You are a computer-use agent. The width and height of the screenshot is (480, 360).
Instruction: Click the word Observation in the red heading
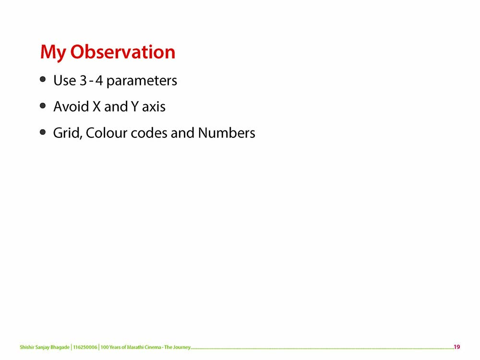(x=123, y=51)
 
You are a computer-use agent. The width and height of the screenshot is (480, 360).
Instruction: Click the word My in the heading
(x=52, y=53)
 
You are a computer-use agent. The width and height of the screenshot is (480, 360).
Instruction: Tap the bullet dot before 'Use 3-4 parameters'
(x=43, y=80)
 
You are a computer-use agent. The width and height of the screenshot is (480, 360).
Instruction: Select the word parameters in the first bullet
(x=142, y=81)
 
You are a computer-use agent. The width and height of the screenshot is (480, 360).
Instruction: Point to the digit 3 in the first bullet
(x=83, y=80)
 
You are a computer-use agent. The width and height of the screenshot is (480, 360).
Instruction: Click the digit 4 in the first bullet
(x=99, y=80)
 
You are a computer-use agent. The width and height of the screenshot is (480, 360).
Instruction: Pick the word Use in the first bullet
(x=65, y=80)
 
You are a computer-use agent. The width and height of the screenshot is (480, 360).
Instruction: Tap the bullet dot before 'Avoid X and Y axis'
(x=43, y=106)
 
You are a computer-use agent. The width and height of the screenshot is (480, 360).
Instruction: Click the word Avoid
(x=71, y=107)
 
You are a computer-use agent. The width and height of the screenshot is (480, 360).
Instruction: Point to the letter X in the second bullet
(x=97, y=107)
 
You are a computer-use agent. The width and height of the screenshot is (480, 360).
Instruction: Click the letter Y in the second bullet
(x=135, y=107)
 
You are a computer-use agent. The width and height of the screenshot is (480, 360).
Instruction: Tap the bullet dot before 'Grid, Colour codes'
(x=43, y=132)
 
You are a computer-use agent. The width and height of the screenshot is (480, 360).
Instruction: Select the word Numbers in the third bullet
(x=227, y=133)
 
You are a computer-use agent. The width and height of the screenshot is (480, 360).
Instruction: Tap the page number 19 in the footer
(x=457, y=347)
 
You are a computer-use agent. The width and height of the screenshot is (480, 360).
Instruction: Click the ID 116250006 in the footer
(x=85, y=347)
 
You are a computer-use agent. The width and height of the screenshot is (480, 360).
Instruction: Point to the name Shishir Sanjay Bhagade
(x=45, y=347)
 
